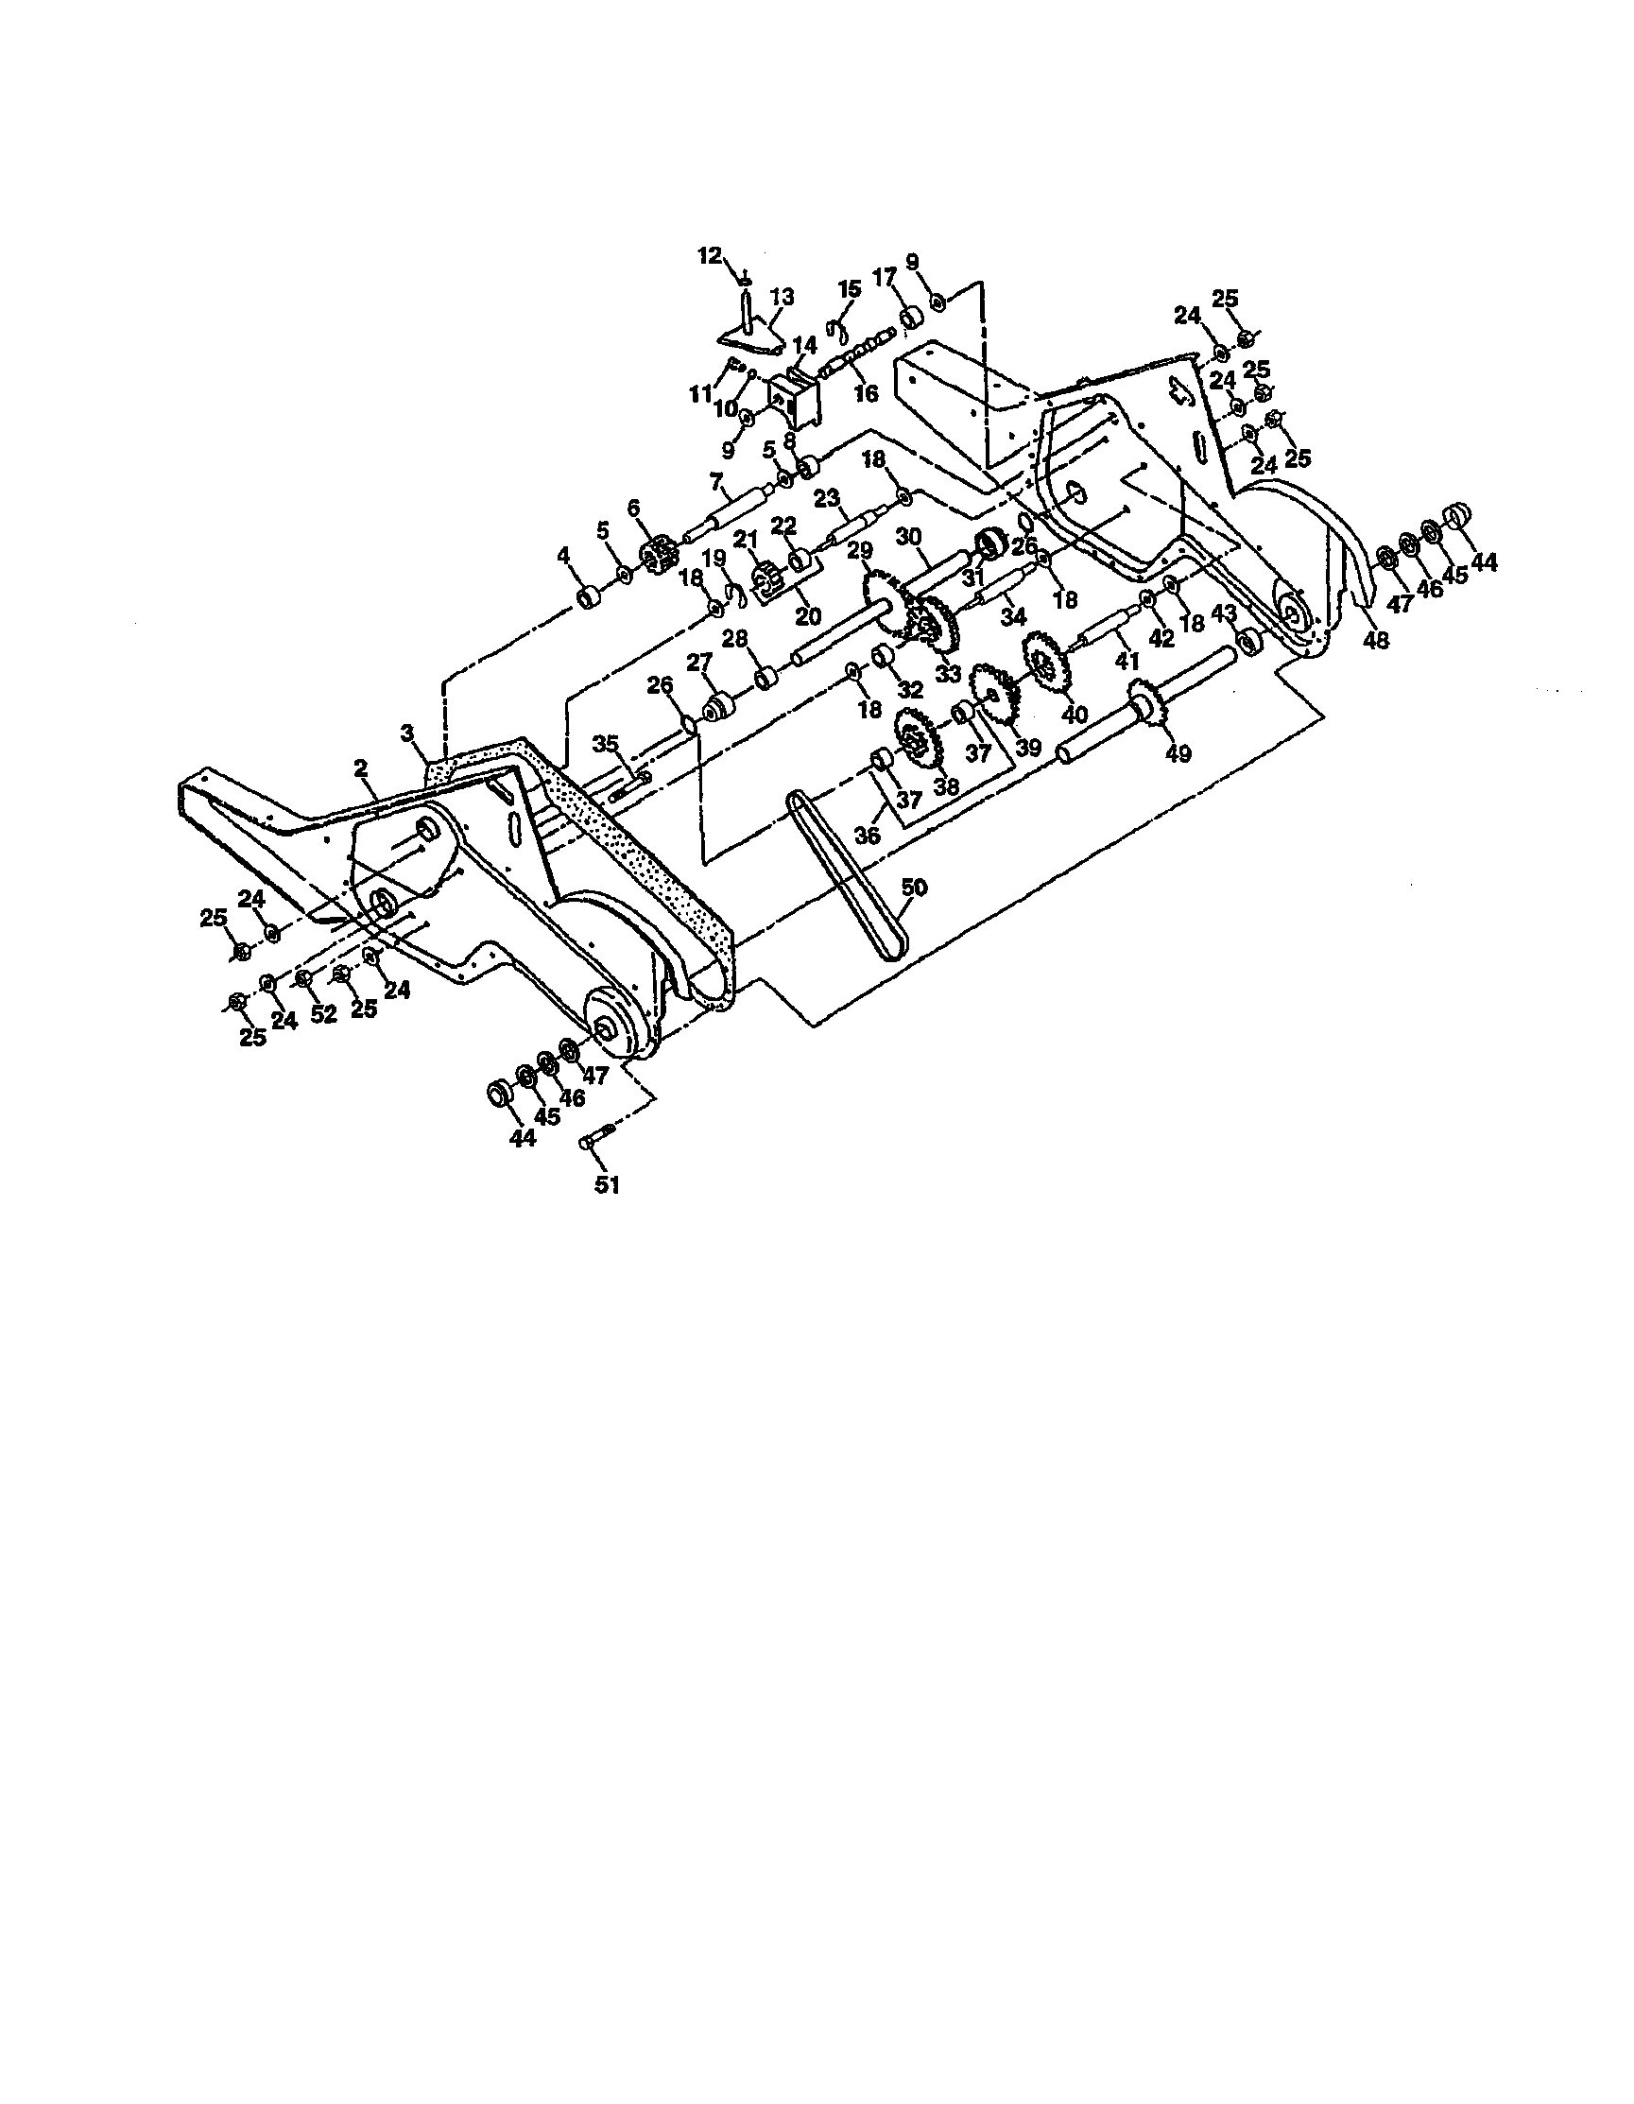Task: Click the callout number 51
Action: [x=606, y=1185]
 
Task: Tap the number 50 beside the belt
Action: [x=913, y=888]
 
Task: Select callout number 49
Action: [x=1178, y=752]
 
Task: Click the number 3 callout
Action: [x=407, y=734]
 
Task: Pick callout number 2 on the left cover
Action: [x=361, y=767]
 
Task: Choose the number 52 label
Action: [x=324, y=1013]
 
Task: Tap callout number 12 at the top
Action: [x=709, y=255]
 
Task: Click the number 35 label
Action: [x=606, y=743]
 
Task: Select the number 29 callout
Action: [x=859, y=550]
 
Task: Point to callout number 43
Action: [x=1223, y=612]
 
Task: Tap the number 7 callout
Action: [x=715, y=480]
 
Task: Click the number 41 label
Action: [x=1127, y=662]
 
